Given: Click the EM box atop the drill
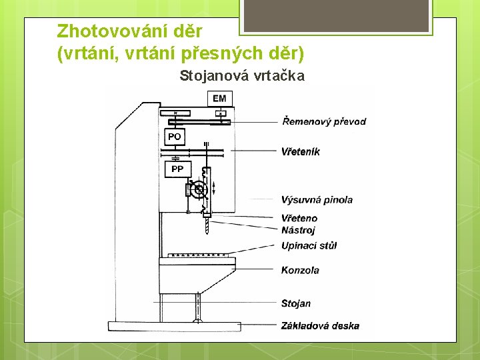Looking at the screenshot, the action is (219, 99).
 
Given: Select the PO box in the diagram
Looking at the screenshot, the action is (174, 137).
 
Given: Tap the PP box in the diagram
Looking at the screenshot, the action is (177, 169).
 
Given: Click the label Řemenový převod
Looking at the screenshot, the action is (324, 121).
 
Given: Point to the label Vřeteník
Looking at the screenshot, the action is (301, 151).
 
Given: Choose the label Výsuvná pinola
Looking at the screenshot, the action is (317, 199).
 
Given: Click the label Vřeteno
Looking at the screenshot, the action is (299, 218).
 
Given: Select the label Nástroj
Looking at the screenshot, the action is (298, 230).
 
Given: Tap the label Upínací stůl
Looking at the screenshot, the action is (309, 245).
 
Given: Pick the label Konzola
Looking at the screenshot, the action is (300, 270).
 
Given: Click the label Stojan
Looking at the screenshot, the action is (296, 303).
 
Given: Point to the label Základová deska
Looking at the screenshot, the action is (320, 325).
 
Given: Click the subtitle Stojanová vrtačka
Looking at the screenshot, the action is (242, 75).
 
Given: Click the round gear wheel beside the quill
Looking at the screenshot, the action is (197, 191).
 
